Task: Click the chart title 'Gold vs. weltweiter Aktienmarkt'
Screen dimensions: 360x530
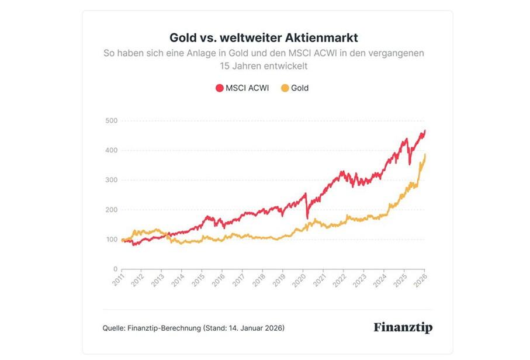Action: point(264,37)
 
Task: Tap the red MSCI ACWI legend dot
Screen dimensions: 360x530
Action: point(219,88)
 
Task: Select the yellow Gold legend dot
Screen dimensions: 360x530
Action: point(285,88)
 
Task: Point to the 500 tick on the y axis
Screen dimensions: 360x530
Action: point(111,121)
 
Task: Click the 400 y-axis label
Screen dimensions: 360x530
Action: point(111,151)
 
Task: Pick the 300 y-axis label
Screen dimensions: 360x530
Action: point(111,180)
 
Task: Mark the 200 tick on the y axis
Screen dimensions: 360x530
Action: point(111,210)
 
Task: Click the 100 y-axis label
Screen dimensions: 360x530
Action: point(111,240)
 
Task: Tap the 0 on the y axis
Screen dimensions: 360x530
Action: point(115,269)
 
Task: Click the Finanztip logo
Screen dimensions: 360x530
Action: point(403,327)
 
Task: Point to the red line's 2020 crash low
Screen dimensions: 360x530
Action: point(307,218)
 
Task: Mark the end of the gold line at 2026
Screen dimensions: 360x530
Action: point(425,155)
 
